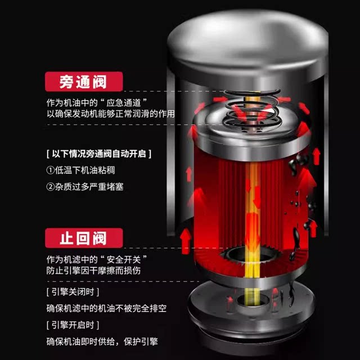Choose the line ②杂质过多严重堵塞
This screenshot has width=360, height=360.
tap(84, 186)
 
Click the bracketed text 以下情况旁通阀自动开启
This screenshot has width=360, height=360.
tap(98, 153)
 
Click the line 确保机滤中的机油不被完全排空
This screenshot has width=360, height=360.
tap(106, 309)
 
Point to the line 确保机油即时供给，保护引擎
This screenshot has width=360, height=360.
tap(102, 341)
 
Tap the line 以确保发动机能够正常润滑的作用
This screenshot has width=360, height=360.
tap(110, 114)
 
